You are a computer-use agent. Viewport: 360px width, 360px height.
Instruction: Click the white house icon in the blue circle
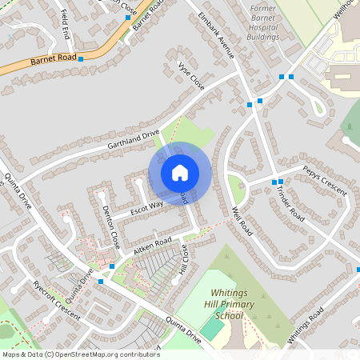tap(180, 172)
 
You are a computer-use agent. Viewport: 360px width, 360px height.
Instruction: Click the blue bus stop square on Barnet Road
tap(80, 59)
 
